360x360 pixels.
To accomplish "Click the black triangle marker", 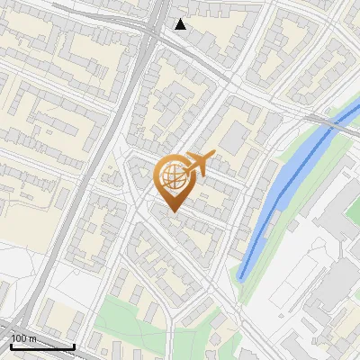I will (x=181, y=24).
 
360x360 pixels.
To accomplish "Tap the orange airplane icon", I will (x=197, y=165).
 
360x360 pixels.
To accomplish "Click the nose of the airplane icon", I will (x=212, y=157).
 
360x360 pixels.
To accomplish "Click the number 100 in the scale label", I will (x=18, y=337).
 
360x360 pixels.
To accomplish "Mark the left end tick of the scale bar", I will (x=12, y=345).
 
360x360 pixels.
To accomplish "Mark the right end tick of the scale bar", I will (x=74, y=345).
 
